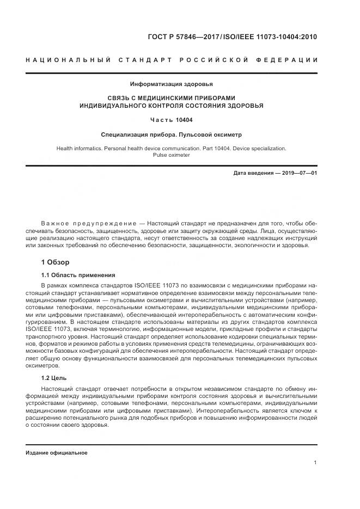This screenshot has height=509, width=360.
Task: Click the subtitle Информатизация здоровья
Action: tap(171, 84)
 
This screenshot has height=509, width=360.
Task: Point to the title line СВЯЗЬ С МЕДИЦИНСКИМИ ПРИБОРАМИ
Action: tap(171, 97)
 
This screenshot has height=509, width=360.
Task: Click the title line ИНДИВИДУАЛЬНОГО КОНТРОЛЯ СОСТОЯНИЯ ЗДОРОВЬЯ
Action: tap(171, 106)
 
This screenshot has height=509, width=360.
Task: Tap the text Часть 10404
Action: tap(171, 120)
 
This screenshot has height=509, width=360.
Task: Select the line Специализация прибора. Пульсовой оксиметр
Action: tap(171, 134)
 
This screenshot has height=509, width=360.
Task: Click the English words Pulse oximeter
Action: tap(171, 155)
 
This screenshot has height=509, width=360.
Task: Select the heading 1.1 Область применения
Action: tap(78, 275)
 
